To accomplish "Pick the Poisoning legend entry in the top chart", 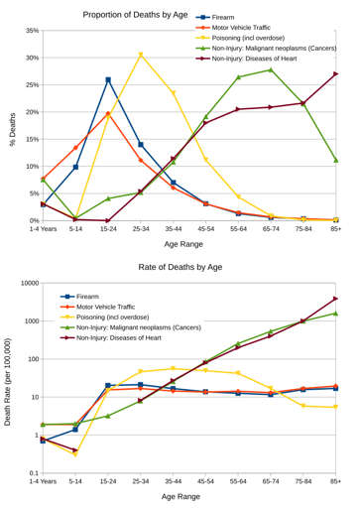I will point(260,39).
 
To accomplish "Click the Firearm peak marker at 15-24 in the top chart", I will point(108,79).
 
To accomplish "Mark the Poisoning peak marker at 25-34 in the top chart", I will point(141,55).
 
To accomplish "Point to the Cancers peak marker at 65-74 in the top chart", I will point(271,69).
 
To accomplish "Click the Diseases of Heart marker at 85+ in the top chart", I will point(336,73).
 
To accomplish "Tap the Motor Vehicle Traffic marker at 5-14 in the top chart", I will point(75,148).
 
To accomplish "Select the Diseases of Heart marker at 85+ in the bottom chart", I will point(336,299).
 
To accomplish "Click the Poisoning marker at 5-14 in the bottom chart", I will point(75,453).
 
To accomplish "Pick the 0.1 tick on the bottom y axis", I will point(32,473).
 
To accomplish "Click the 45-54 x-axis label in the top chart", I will point(205,229).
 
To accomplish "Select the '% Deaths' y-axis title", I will point(12,129).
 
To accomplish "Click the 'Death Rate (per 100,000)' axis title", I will point(8,379).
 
